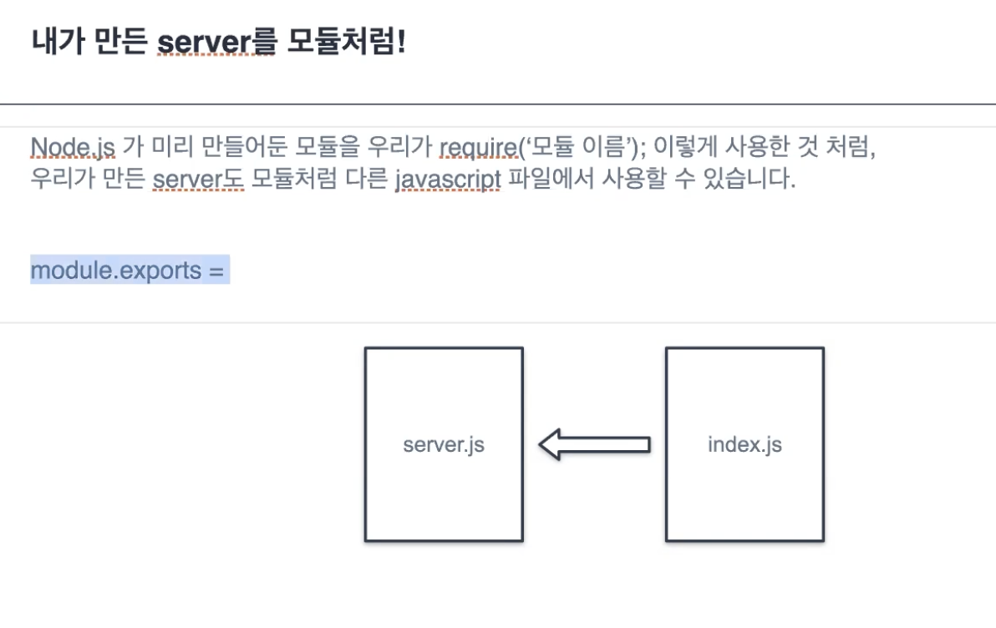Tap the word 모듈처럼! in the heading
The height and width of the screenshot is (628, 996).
click(346, 41)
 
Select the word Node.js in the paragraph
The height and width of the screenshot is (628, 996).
click(73, 148)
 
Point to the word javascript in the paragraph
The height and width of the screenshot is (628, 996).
click(448, 180)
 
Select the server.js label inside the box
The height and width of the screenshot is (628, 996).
click(444, 444)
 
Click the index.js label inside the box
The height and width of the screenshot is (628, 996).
click(744, 444)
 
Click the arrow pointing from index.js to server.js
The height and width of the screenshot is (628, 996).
click(593, 444)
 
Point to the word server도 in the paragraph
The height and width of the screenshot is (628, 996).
click(197, 180)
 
